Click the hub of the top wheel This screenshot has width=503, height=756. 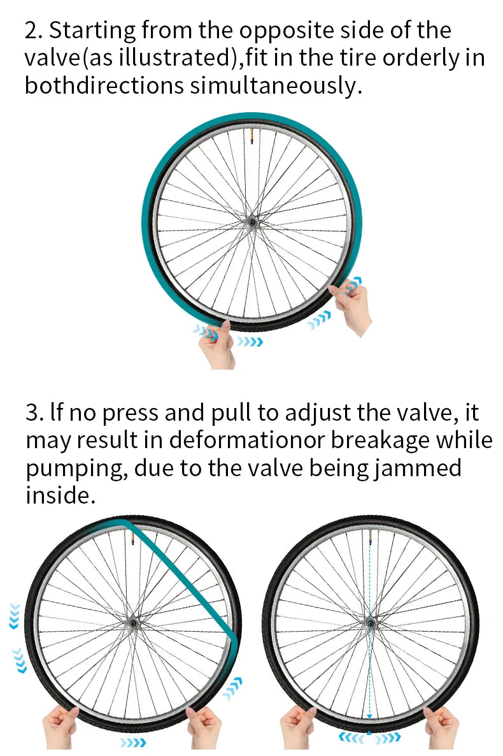pyautogui.click(x=251, y=222)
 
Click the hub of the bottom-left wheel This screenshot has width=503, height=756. pyautogui.click(x=132, y=623)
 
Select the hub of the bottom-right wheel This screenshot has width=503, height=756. pyautogui.click(x=369, y=623)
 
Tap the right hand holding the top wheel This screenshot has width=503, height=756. pyautogui.click(x=351, y=306)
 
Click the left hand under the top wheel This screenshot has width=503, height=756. pyautogui.click(x=217, y=345)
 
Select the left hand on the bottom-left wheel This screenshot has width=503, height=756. pyautogui.click(x=60, y=727)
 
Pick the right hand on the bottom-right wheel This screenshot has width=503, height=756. pyautogui.click(x=441, y=727)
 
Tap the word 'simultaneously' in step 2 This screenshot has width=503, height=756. pyautogui.click(x=275, y=85)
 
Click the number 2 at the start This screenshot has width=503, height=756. pyautogui.click(x=31, y=31)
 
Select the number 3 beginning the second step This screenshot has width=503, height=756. pyautogui.click(x=32, y=414)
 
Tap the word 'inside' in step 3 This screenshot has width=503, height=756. pyautogui.click(x=60, y=495)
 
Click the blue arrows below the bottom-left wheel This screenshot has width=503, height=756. pyautogui.click(x=132, y=743)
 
